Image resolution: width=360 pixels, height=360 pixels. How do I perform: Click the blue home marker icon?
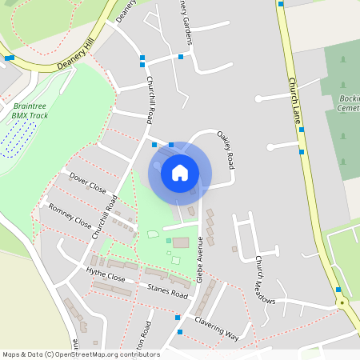click(x=180, y=172)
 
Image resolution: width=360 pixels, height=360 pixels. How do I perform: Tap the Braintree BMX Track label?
click(x=30, y=110)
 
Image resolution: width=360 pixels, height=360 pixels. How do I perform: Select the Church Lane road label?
click(x=294, y=100)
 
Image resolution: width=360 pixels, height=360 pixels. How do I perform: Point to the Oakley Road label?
click(x=226, y=149)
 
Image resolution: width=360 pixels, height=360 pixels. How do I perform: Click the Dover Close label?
click(x=87, y=183)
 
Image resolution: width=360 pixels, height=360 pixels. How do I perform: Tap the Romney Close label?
click(x=70, y=215)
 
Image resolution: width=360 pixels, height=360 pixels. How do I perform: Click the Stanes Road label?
click(x=168, y=294)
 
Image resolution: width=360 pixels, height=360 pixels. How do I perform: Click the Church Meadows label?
click(x=264, y=281)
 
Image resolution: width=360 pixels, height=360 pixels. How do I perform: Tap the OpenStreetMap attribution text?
click(x=81, y=354)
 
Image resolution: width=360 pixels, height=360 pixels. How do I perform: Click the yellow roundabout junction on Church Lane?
click(x=342, y=303)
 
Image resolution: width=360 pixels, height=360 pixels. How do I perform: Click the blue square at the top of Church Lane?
click(x=281, y=3)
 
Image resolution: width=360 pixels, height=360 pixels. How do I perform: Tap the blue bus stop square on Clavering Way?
click(x=180, y=331)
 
